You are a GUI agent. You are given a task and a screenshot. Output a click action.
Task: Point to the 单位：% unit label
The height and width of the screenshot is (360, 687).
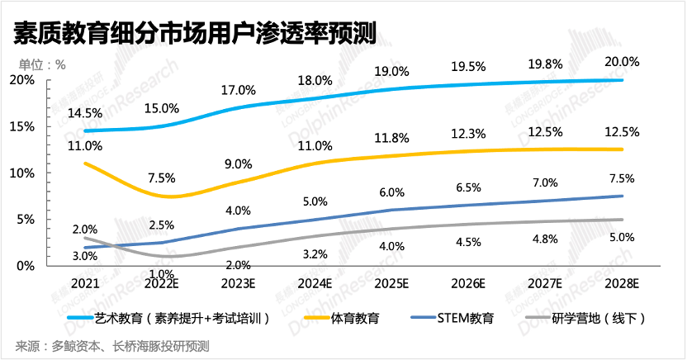(42, 64)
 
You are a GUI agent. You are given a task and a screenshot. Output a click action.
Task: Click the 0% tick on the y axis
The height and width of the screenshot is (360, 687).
(26, 266)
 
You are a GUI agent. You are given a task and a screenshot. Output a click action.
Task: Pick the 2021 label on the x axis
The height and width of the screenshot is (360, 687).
(85, 283)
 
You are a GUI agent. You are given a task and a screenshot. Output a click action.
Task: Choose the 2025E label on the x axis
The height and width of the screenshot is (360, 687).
(392, 283)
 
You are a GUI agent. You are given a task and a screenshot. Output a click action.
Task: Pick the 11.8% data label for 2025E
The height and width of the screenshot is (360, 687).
(392, 137)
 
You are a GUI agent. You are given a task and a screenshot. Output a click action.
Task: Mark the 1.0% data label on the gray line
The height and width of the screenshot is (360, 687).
(163, 274)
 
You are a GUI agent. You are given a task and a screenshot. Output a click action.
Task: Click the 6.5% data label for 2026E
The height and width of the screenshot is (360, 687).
(469, 187)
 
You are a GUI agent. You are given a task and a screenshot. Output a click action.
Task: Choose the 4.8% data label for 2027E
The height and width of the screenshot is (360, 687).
(546, 239)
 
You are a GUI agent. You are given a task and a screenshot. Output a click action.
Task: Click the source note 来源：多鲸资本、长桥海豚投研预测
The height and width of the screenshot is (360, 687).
(111, 345)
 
